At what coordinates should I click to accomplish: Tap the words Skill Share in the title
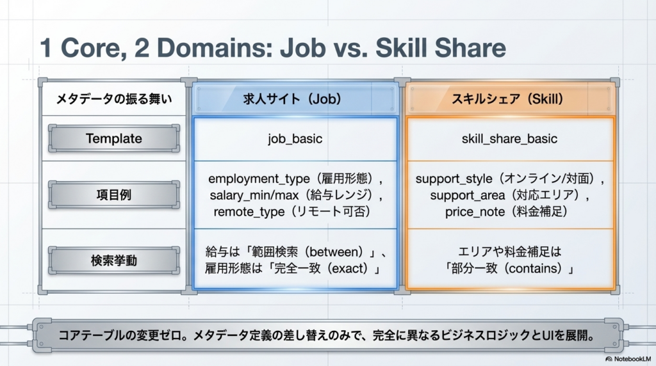pyautogui.click(x=441, y=47)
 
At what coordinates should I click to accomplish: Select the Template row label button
pyautogui.click(x=114, y=138)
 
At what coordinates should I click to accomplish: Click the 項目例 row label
pyautogui.click(x=114, y=195)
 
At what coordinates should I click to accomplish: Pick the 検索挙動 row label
pyautogui.click(x=114, y=260)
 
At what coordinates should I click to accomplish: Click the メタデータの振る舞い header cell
pyautogui.click(x=114, y=99)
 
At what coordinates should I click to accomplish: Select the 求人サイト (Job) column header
pyautogui.click(x=295, y=99)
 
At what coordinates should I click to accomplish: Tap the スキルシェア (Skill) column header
pyautogui.click(x=510, y=99)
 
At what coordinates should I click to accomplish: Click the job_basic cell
pyautogui.click(x=295, y=139)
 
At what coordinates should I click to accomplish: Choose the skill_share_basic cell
pyautogui.click(x=509, y=139)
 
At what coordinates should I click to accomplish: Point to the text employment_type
pyautogui.click(x=259, y=179)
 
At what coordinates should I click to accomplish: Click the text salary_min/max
pyautogui.click(x=254, y=195)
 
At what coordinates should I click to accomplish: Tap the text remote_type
pyautogui.click(x=249, y=212)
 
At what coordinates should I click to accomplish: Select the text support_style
pyautogui.click(x=454, y=179)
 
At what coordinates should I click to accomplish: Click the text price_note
pyautogui.click(x=475, y=212)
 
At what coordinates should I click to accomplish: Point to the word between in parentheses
pyautogui.click(x=336, y=252)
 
